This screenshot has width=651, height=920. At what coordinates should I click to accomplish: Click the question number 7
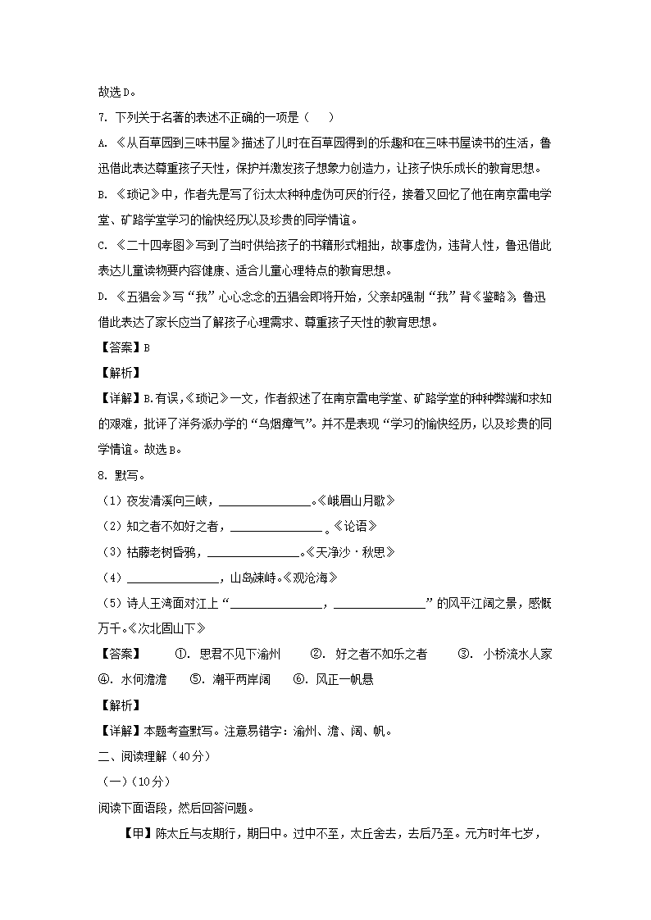point(101,119)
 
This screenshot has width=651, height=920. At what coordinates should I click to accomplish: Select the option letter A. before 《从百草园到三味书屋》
point(102,144)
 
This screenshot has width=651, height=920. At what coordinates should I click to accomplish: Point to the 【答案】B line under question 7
point(124,347)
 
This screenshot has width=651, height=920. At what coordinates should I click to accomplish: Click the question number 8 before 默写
point(101,475)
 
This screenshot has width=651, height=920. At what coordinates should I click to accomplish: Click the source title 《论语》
point(354,526)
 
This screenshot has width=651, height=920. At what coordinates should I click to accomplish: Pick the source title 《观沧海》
point(310,578)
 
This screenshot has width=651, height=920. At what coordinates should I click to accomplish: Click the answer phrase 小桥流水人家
point(517,654)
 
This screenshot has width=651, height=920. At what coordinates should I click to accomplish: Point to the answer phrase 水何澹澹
point(143,679)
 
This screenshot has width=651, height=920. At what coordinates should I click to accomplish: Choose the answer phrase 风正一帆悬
point(344,679)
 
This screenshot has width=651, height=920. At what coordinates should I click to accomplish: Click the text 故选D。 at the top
point(116,93)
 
